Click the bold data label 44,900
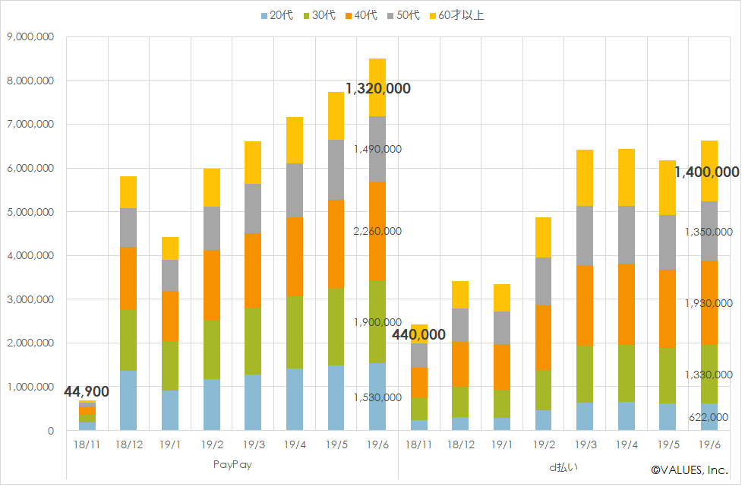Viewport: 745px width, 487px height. click(87, 392)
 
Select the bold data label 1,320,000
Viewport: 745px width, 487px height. click(377, 89)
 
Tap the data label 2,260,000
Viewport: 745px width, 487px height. click(377, 231)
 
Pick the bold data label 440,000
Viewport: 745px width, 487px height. click(418, 334)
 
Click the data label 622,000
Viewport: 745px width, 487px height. click(707, 417)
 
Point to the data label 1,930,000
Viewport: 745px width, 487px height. click(707, 303)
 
